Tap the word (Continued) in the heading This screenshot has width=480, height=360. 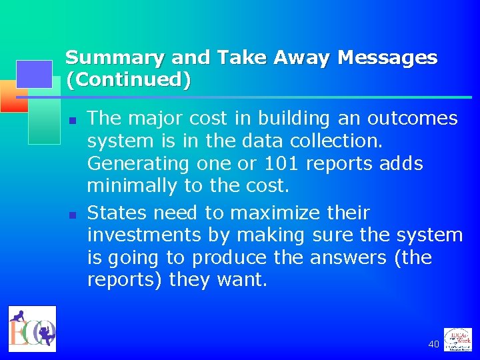point(128,80)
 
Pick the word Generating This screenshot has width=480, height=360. point(138,164)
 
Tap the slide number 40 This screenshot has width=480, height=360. point(433,344)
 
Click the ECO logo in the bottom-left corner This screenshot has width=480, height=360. point(33,329)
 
